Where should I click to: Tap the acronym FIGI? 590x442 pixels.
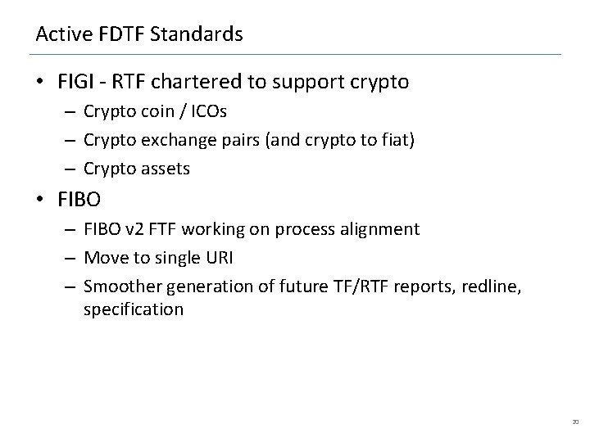pos(77,82)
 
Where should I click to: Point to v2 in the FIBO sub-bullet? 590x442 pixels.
pos(129,230)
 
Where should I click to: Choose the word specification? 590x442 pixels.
pos(134,309)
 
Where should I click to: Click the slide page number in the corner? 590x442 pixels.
pos(574,422)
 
